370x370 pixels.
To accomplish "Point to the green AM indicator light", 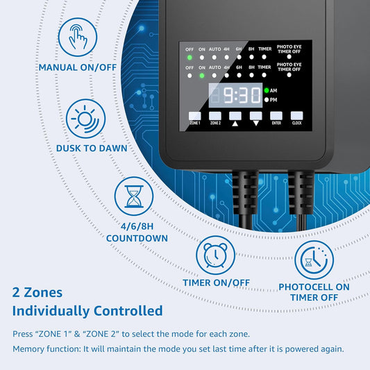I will pos(267,90).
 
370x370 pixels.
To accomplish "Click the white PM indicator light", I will pos(267,100).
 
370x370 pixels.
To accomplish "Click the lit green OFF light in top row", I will pos(190,58).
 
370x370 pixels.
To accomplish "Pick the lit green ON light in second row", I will pos(202,75).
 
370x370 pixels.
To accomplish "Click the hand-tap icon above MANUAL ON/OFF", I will pos(78,37).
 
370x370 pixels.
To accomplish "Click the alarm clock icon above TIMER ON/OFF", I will pos(216,255).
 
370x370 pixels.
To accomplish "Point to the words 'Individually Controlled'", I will pos(87,310).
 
